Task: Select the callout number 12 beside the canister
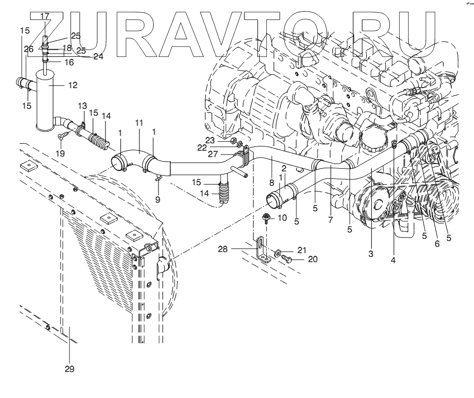[73, 85]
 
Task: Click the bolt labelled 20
[287, 259]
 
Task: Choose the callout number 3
[371, 254]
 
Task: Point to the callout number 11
[139, 123]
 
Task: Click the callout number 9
[156, 200]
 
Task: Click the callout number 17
[45, 16]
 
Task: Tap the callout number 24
[98, 56]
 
